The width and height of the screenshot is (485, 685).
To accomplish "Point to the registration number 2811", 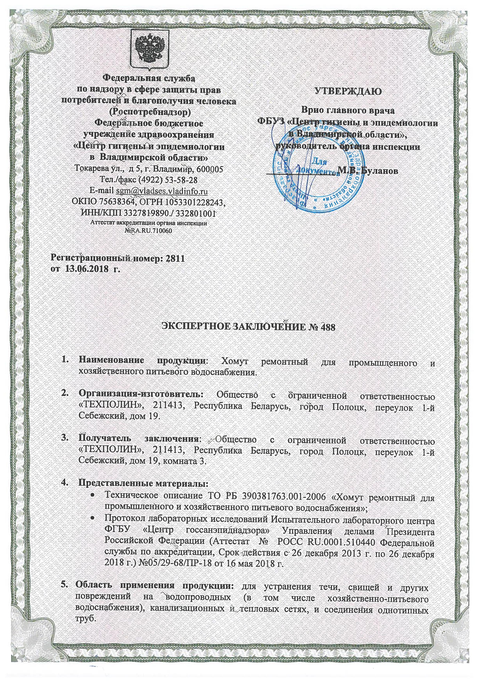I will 176,258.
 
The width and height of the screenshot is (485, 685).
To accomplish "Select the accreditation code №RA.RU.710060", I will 149,231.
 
